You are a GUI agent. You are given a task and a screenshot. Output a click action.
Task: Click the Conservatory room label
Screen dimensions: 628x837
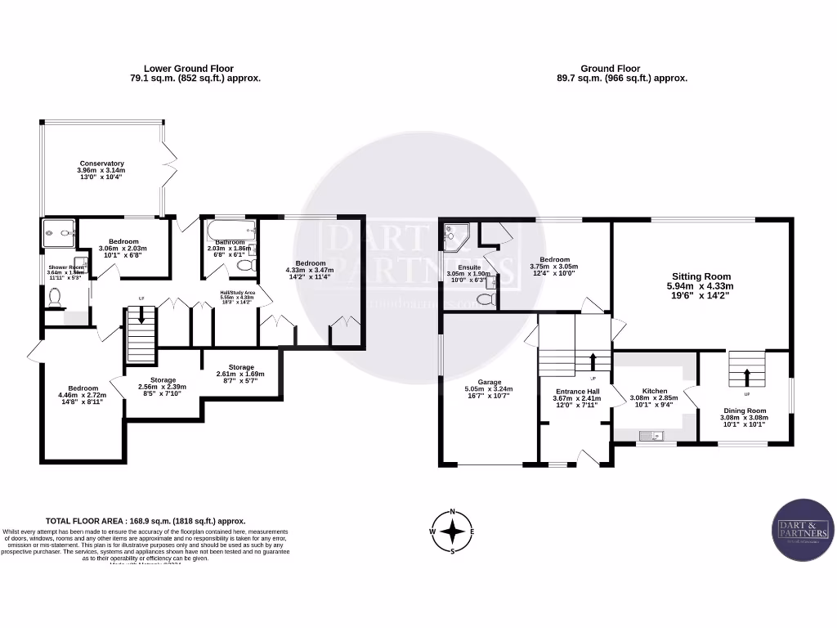click(101, 169)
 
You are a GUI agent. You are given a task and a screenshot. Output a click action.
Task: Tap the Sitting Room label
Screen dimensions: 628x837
click(701, 286)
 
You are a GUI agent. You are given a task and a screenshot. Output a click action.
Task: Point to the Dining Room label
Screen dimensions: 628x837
click(744, 417)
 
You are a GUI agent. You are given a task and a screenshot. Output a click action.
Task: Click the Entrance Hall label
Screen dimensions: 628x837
click(575, 398)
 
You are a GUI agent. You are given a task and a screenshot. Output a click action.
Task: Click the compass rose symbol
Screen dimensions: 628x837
click(452, 532)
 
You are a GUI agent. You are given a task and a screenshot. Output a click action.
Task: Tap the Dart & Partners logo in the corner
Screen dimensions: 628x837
click(803, 529)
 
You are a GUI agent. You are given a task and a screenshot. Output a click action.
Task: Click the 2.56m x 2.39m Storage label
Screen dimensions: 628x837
click(162, 386)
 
